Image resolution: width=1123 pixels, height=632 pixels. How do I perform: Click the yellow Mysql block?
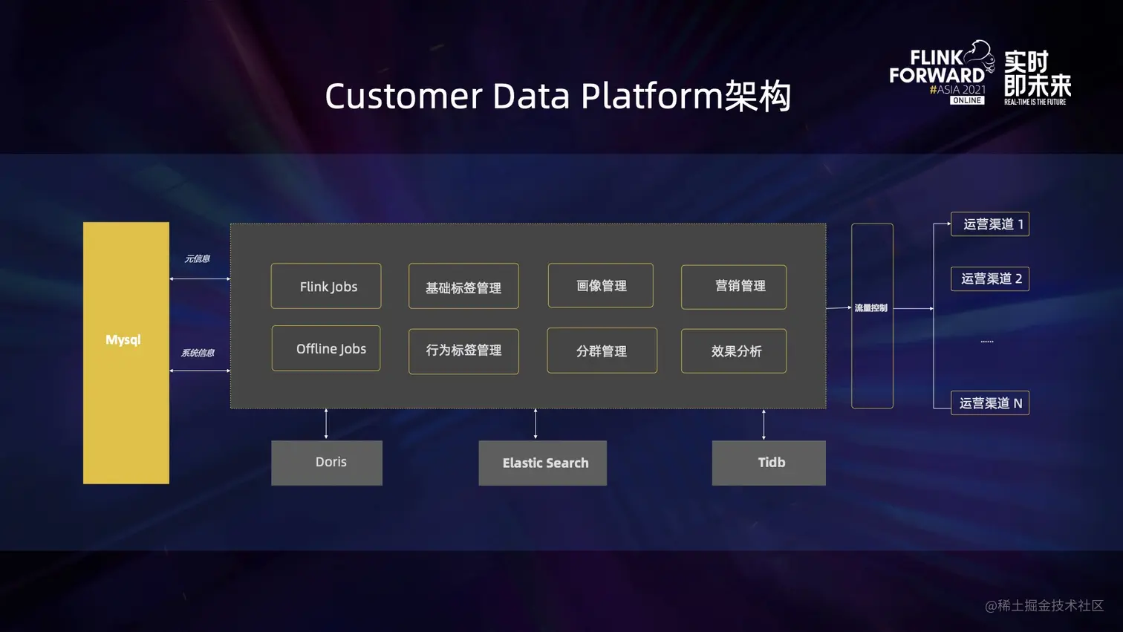pyautogui.click(x=126, y=353)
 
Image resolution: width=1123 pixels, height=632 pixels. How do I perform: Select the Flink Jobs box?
pyautogui.click(x=326, y=286)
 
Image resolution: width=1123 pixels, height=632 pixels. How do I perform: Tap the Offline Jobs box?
pyautogui.click(x=326, y=348)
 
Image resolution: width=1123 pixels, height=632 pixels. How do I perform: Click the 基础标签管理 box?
pyautogui.click(x=463, y=287)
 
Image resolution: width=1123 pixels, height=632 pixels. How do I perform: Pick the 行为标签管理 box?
pyautogui.click(x=463, y=351)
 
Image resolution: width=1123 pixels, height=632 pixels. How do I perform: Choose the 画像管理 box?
pyautogui.click(x=601, y=285)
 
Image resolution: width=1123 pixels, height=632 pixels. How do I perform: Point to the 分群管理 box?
pyautogui.click(x=602, y=351)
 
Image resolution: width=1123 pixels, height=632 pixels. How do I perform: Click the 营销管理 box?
pyautogui.click(x=734, y=287)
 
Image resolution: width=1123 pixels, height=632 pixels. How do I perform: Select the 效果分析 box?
pyautogui.click(x=734, y=351)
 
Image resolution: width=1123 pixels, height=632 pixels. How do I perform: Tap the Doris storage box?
pyautogui.click(x=327, y=463)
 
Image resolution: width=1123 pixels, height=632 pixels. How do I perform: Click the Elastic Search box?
pyautogui.click(x=543, y=463)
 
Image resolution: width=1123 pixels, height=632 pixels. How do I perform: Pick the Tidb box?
pyautogui.click(x=769, y=463)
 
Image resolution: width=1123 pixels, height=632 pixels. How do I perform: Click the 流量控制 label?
pyautogui.click(x=871, y=308)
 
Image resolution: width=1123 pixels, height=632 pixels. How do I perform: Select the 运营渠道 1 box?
pyautogui.click(x=990, y=224)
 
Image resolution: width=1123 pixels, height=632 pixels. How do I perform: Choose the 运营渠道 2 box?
pyautogui.click(x=990, y=278)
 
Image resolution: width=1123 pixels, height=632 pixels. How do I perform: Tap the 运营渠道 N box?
pyautogui.click(x=990, y=403)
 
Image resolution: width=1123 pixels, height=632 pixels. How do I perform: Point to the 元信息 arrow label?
pyautogui.click(x=198, y=259)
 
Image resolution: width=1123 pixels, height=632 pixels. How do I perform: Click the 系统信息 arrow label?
pyautogui.click(x=198, y=353)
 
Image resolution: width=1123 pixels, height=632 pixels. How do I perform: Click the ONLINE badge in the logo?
pyautogui.click(x=967, y=100)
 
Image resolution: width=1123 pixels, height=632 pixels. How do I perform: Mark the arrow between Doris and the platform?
pyautogui.click(x=326, y=424)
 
